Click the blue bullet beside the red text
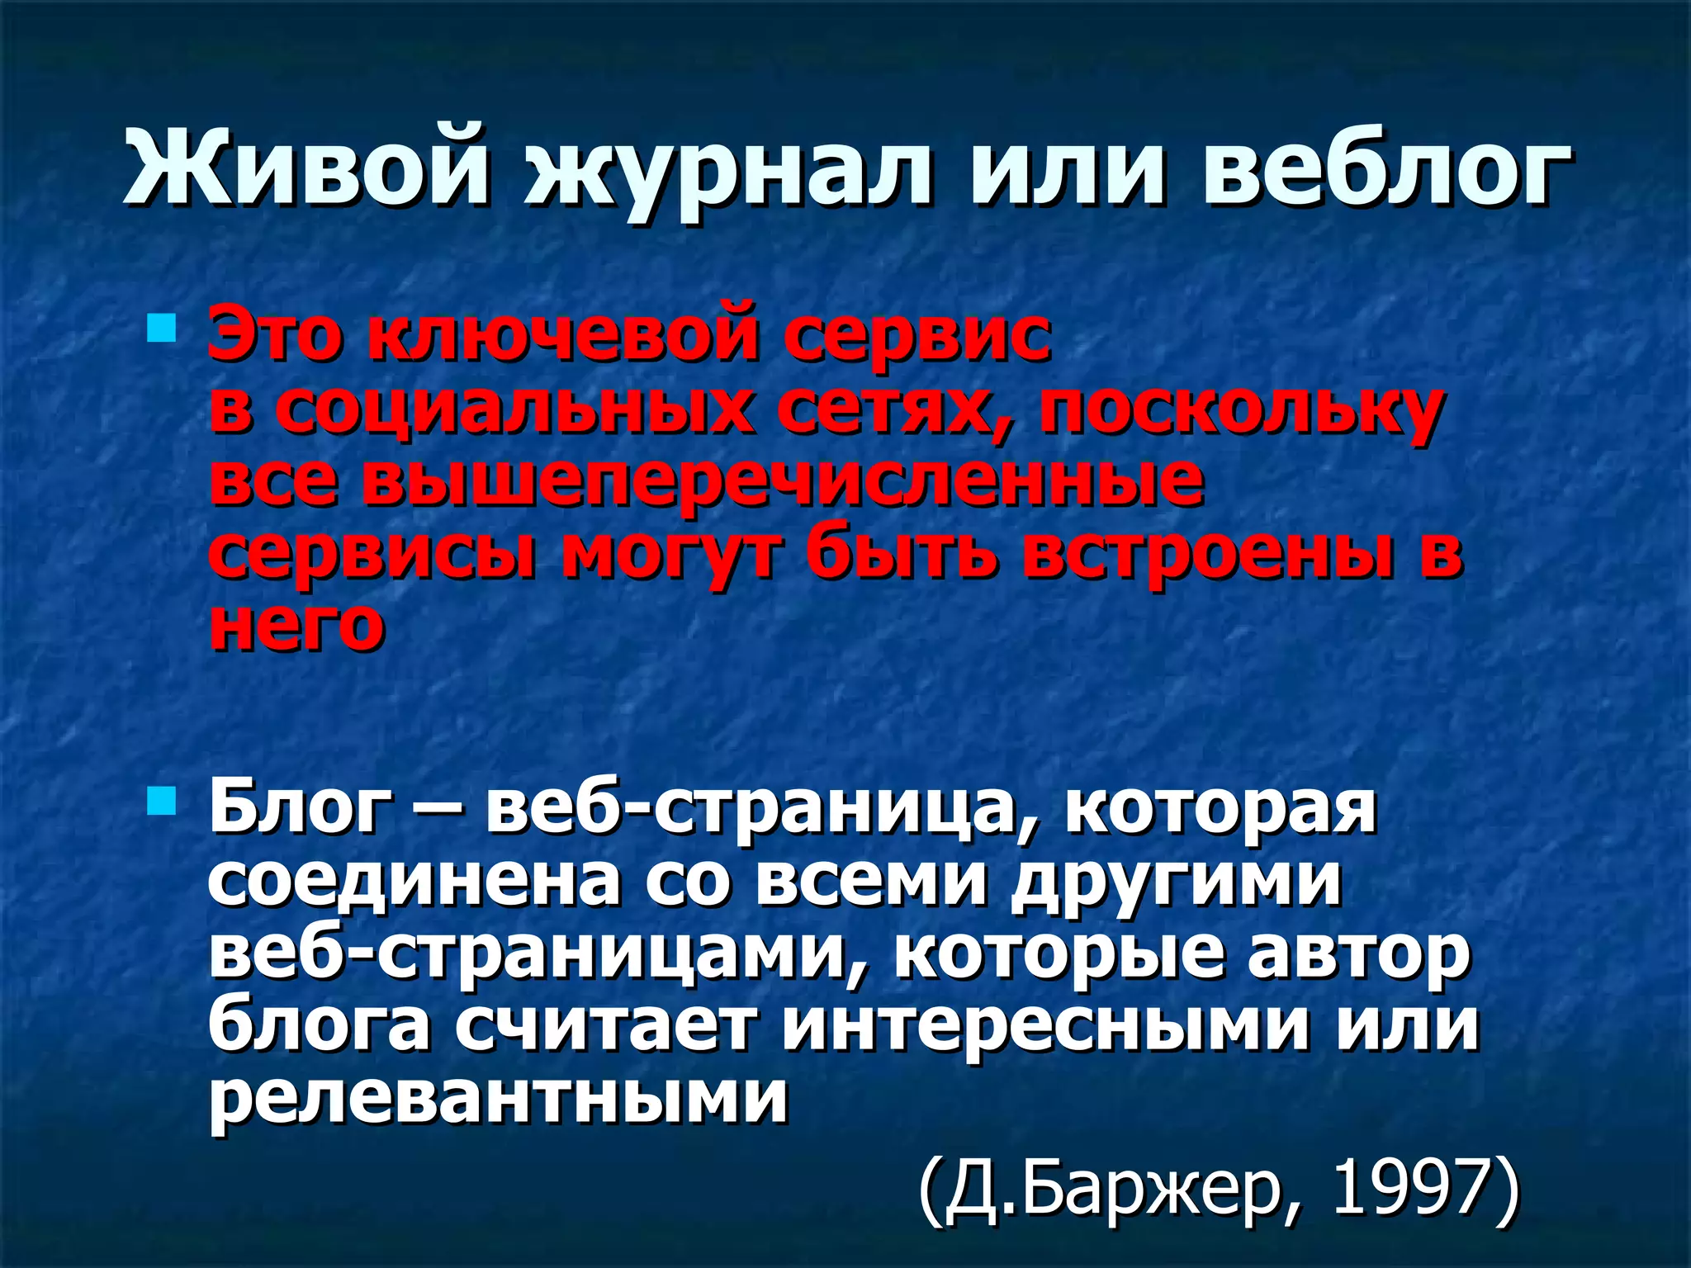click(x=162, y=329)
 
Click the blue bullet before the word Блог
click(x=162, y=799)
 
